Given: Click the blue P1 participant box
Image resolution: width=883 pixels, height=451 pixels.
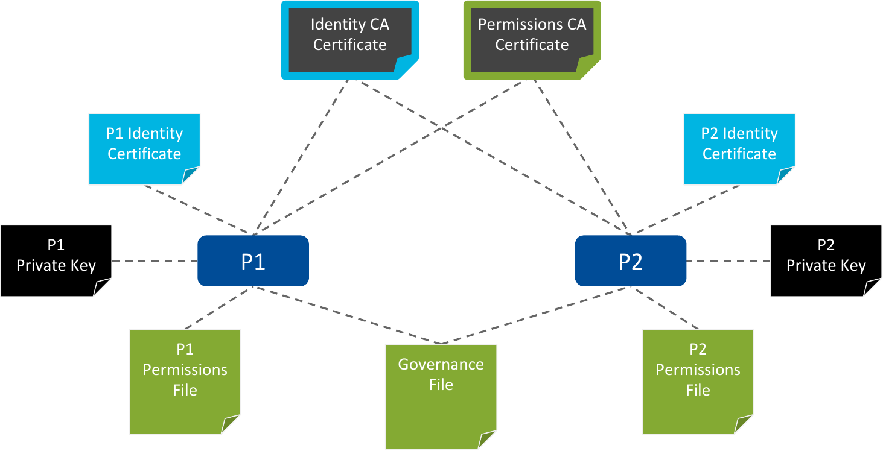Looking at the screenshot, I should coord(253,260).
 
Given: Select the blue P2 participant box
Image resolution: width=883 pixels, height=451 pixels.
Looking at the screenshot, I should coord(630,260).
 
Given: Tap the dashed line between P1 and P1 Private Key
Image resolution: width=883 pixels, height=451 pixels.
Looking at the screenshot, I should coord(155,261).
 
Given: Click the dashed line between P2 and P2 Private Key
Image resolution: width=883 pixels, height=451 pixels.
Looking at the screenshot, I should coord(728,261).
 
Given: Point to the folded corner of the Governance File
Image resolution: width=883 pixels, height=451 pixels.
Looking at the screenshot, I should coord(488,441).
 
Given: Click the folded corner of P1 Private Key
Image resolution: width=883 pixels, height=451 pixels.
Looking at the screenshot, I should coord(103,288).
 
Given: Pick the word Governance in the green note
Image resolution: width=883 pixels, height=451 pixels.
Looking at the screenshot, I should coord(441,365).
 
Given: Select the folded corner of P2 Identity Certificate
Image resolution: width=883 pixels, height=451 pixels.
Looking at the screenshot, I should coord(786,176).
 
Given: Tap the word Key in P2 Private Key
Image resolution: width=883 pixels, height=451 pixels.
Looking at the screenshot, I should coord(853,266).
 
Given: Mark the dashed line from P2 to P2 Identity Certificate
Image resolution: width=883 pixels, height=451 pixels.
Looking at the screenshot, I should coord(686,209).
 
